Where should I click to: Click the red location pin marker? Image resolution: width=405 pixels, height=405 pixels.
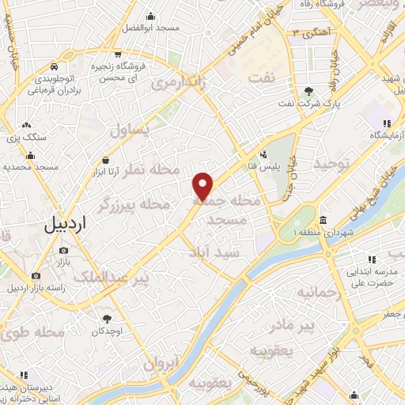(204, 186)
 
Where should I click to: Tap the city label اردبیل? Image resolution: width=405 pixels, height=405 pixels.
(66, 224)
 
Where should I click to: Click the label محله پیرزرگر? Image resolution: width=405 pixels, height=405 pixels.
(133, 204)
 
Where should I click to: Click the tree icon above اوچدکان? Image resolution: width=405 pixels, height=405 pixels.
(108, 320)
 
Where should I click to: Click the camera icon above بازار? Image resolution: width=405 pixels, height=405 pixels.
(63, 250)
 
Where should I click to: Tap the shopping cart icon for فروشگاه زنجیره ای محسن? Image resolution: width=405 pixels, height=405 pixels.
(117, 55)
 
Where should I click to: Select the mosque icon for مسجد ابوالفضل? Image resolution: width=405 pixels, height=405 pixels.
(151, 15)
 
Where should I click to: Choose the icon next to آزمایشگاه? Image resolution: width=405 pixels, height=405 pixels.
(387, 123)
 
